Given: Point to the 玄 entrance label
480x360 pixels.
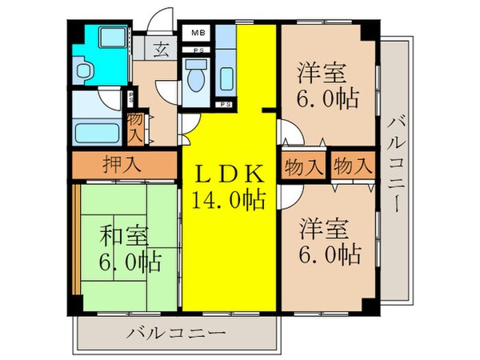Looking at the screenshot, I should pos(161,48).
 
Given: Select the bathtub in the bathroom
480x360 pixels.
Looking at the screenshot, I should pos(95,131).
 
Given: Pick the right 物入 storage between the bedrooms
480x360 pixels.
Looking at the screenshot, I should pos(352,167).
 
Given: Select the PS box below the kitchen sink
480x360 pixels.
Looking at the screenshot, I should pos(226,105).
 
